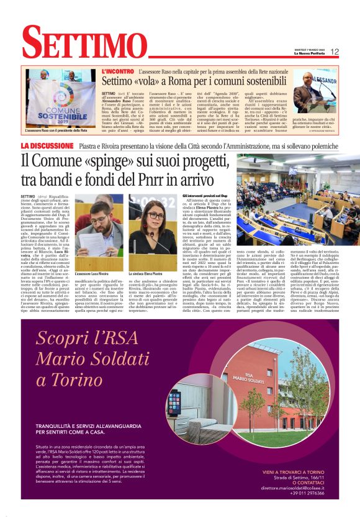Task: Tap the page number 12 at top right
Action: [x=334, y=52]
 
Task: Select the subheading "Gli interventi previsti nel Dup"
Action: [x=207, y=194]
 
